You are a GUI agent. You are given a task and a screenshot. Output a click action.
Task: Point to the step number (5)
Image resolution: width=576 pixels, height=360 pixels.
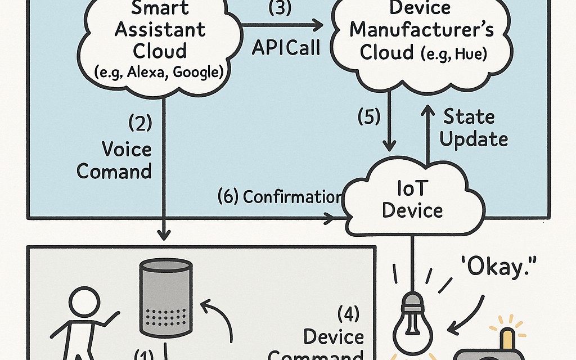point(369,117)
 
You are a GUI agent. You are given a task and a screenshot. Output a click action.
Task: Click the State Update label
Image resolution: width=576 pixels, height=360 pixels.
point(474,128)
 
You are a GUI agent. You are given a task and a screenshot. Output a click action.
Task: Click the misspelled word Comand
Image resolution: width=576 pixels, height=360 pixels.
point(115,170)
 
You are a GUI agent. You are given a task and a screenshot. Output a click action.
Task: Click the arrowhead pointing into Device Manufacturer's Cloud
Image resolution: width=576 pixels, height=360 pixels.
point(319,25)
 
